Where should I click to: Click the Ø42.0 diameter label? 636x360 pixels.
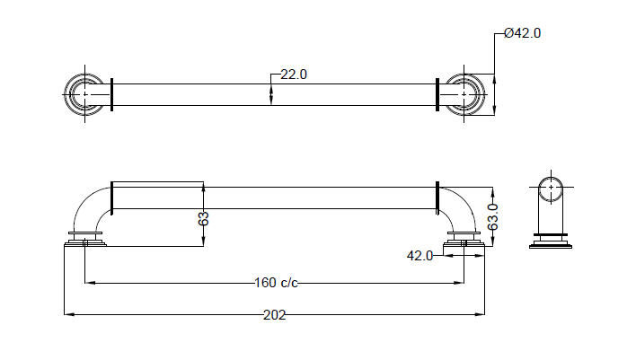[523, 33]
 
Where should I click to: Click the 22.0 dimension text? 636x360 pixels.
[294, 75]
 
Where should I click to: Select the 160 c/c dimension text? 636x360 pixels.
[276, 284]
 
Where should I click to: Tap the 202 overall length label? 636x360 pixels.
[274, 314]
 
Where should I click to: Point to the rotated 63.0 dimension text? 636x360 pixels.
[492, 216]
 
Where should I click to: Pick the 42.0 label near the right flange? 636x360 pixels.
[420, 255]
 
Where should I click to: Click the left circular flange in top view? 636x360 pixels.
[85, 93]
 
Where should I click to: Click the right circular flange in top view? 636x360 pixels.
[464, 93]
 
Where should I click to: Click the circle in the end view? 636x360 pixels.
[552, 190]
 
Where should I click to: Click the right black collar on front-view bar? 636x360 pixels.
[437, 198]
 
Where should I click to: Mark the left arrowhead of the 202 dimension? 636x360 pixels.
[67, 314]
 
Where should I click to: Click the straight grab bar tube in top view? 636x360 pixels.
[198, 94]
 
